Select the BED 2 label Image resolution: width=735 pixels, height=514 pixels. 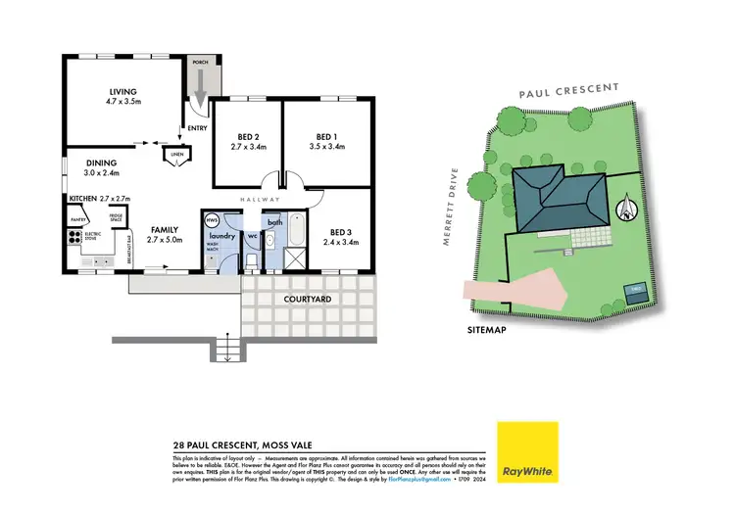click(248, 137)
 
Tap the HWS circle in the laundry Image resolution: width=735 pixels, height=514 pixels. click(210, 220)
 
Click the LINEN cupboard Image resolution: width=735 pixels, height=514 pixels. click(176, 155)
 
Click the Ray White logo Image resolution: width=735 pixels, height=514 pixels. click(527, 452)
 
